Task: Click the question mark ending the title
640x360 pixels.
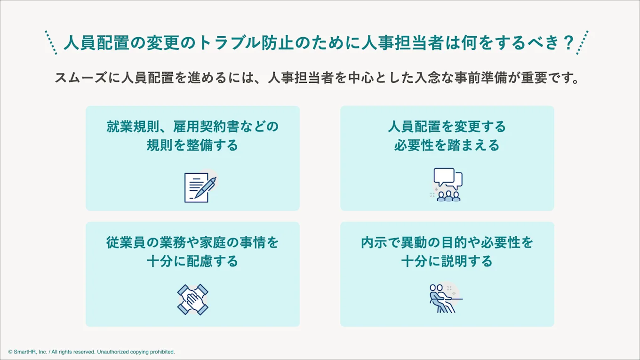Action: [x=568, y=43]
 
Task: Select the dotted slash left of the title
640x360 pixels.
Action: [x=51, y=43]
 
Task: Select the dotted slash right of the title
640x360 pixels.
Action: [x=583, y=43]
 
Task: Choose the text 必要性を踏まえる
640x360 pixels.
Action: [x=447, y=145]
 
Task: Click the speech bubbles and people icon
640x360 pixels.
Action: [x=448, y=184]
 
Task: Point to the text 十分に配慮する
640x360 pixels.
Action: [x=192, y=261]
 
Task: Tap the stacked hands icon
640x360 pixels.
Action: [x=192, y=299]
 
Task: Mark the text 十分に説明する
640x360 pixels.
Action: [x=447, y=261]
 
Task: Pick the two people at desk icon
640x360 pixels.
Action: [x=445, y=298]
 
